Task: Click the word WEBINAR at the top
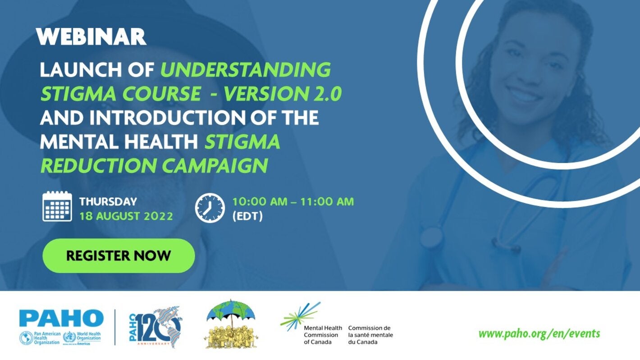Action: click(x=91, y=36)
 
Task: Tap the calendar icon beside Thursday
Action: click(x=57, y=206)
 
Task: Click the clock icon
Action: click(x=210, y=208)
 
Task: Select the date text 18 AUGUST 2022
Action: click(x=126, y=216)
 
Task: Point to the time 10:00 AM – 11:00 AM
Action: click(x=293, y=201)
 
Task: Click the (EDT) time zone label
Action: click(x=247, y=216)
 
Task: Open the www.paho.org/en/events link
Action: click(x=539, y=334)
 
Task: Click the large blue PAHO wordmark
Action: click(x=61, y=318)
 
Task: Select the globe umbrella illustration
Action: click(x=231, y=324)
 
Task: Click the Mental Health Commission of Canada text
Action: click(x=323, y=335)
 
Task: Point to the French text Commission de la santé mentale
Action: click(x=370, y=335)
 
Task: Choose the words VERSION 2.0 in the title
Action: click(x=283, y=94)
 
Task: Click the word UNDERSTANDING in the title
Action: click(x=246, y=70)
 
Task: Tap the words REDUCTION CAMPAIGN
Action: click(x=154, y=165)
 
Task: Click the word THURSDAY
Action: click(x=108, y=202)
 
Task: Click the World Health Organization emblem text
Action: click(x=88, y=338)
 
